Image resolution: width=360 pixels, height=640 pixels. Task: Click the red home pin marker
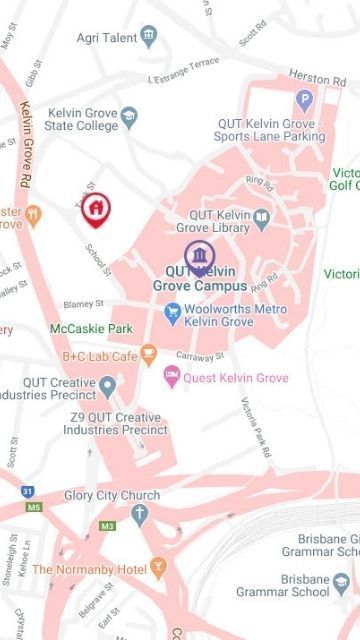96,208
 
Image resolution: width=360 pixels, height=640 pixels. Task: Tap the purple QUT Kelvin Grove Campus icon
199,254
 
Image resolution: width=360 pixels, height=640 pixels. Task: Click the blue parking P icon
304,100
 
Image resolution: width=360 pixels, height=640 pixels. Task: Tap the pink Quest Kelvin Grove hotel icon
172,377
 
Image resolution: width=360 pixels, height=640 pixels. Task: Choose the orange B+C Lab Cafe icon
149,354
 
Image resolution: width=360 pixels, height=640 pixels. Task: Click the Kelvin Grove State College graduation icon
128,119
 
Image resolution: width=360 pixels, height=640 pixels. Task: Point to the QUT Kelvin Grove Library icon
261,216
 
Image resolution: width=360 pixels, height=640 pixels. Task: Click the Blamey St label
84,302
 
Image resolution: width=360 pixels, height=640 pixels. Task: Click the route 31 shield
29,491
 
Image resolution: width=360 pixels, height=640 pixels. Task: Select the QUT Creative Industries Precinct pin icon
107,384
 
